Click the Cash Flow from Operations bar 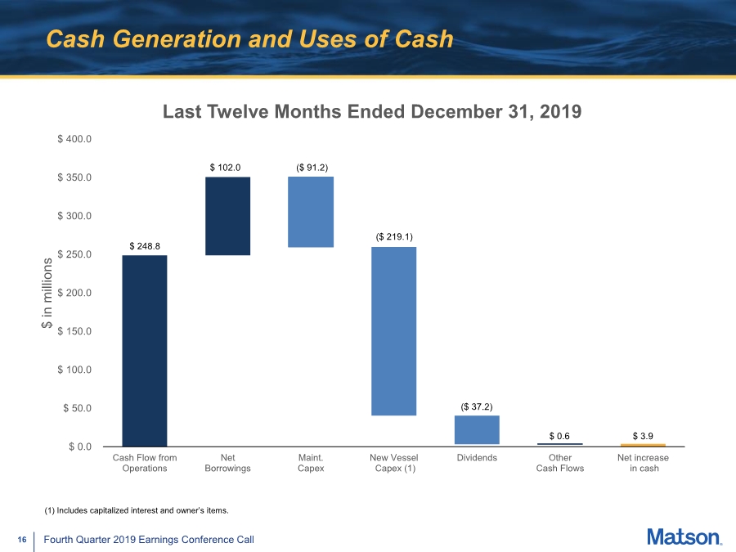coord(145,351)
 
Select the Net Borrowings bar coord(227,216)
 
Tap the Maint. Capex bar coord(311,212)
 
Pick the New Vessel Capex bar coord(394,331)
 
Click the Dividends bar coord(477,429)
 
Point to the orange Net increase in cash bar coord(643,445)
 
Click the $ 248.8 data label coord(145,246)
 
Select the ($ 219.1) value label coord(394,236)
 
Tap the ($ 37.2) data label coord(477,406)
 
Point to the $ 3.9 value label coord(643,436)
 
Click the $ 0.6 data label coord(559,436)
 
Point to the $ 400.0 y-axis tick coord(74,139)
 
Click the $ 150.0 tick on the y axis coord(74,331)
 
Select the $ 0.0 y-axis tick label coord(80,447)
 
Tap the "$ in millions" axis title coord(47,293)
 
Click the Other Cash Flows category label coord(560,463)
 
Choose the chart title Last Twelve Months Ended coord(372,112)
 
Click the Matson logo coord(684,537)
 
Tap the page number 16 coord(22,540)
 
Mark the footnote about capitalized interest coord(137,510)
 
